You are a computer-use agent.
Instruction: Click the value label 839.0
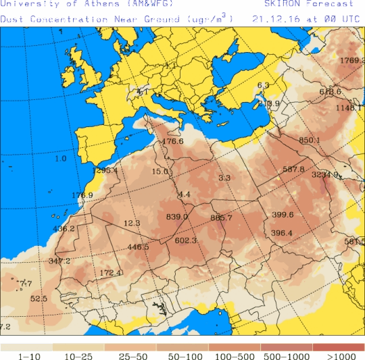click(176, 217)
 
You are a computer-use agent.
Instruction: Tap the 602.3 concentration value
click(185, 240)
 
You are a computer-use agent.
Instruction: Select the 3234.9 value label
click(324, 174)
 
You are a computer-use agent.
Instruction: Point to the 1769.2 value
click(351, 61)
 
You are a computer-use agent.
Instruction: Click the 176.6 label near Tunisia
click(173, 141)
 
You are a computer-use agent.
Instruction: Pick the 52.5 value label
click(39, 298)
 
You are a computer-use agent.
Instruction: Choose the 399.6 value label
click(282, 215)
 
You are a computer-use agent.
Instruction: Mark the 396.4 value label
click(281, 233)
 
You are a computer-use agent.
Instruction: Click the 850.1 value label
click(309, 140)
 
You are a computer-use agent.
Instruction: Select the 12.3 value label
click(131, 223)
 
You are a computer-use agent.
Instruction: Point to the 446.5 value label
click(138, 247)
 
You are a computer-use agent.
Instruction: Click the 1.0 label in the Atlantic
click(61, 159)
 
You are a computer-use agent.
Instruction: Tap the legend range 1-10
click(26, 355)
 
